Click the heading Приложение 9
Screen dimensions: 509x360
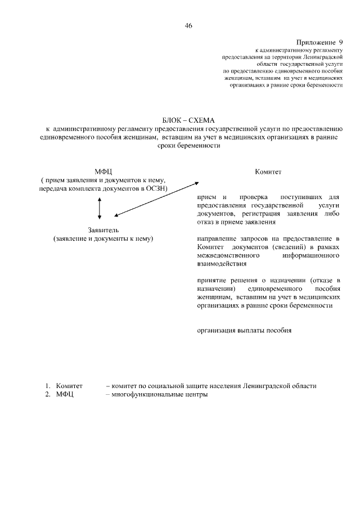coord(319,43)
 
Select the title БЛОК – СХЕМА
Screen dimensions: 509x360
coord(188,120)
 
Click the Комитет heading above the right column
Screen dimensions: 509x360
coord(268,172)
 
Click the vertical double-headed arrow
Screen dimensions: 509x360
coord(100,208)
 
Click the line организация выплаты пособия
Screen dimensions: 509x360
coord(244,330)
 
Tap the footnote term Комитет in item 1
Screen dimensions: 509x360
coord(69,386)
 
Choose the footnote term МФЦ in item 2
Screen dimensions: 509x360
coord(65,394)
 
